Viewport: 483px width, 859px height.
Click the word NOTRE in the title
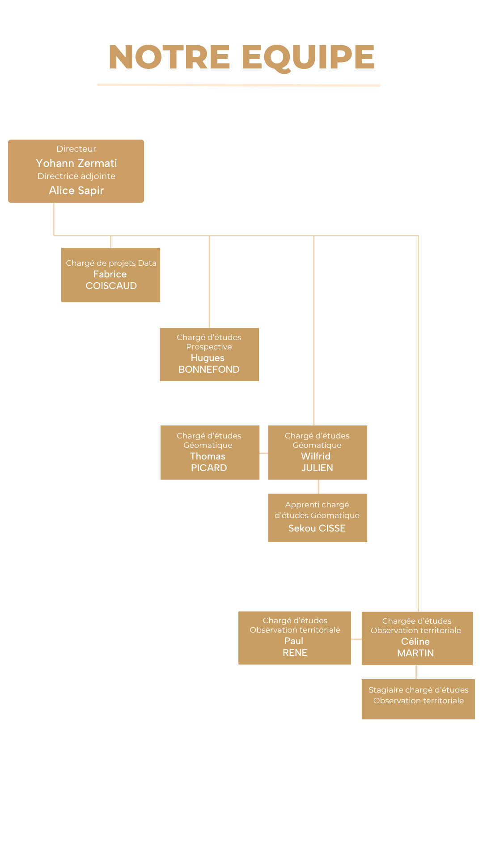169,57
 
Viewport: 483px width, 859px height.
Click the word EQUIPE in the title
308,57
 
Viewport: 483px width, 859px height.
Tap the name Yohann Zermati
76,163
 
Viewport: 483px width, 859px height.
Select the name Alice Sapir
76,191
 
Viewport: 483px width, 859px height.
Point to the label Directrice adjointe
76,176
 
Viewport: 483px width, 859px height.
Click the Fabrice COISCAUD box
110,275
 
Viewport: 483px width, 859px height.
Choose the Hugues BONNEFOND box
209,354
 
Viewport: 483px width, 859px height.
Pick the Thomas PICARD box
210,452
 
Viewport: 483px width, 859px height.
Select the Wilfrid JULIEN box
318,452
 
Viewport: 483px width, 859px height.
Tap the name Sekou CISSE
317,528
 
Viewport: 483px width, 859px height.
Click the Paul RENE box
294,638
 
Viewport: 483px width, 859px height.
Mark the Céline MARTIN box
417,638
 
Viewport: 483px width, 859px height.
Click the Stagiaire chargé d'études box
418,699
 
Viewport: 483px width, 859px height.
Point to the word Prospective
209,347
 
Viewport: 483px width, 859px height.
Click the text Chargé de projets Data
111,263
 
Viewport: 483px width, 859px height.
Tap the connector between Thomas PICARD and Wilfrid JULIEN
264,453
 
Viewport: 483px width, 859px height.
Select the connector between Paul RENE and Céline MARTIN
356,639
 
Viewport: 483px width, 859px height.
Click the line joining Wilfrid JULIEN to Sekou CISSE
318,487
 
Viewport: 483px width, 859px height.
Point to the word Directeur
76,149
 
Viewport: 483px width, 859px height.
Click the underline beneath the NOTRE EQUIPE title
239,85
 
